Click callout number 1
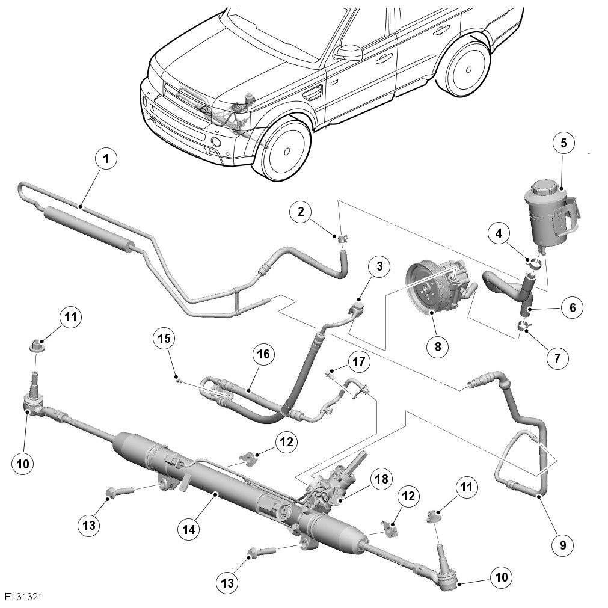point(106,159)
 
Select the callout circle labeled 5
point(563,143)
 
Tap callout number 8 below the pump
point(437,346)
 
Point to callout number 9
point(562,545)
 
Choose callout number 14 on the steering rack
point(190,529)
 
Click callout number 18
point(381,479)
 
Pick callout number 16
point(263,354)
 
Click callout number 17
point(358,362)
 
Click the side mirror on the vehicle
point(349,52)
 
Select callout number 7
point(557,358)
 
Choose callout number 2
point(301,211)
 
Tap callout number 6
point(572,307)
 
